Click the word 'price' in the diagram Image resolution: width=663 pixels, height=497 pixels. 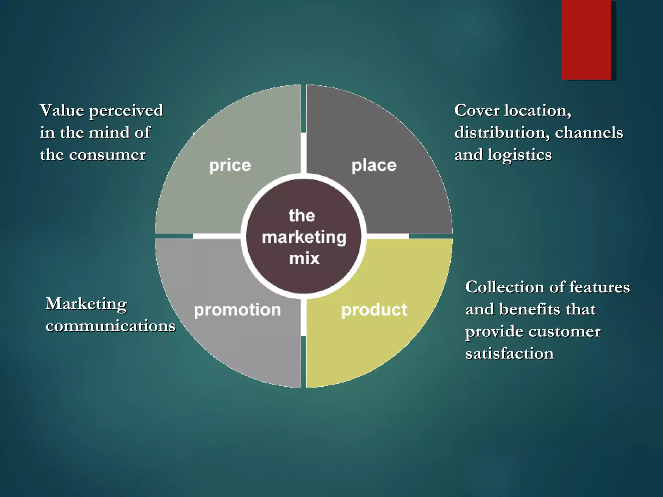(230, 166)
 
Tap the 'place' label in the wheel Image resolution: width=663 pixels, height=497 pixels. (374, 166)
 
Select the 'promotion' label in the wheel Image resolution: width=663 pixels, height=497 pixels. (237, 310)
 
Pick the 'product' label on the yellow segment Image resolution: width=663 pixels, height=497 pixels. (374, 310)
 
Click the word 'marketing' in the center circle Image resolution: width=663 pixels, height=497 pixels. (304, 237)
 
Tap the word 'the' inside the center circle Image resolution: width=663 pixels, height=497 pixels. (302, 216)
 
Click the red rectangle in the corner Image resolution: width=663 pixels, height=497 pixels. (586, 39)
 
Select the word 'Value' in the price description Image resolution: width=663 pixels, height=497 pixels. (62, 110)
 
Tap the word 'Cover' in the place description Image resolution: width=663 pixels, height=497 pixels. (477, 110)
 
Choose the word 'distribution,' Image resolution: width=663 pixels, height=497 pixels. (502, 133)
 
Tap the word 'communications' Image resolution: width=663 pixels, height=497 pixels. (110, 326)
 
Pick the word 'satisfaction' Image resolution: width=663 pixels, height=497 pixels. (510, 353)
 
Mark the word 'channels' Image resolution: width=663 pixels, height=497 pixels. (589, 133)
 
